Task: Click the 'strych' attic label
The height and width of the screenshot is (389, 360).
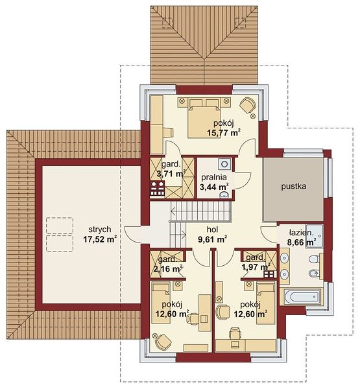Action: click(99, 230)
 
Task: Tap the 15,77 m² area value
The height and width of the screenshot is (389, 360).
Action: click(223, 132)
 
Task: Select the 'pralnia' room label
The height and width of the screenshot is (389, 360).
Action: click(214, 177)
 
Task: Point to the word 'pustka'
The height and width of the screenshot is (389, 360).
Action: click(293, 186)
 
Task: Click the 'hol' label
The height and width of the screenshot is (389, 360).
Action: click(213, 230)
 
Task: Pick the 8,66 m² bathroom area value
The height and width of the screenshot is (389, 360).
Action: click(302, 242)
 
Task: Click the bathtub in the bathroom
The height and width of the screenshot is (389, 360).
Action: click(302, 296)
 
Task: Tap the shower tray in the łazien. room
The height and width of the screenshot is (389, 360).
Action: click(315, 236)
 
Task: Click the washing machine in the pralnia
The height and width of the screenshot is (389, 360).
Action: click(225, 164)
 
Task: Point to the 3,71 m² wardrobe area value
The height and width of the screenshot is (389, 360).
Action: click(171, 174)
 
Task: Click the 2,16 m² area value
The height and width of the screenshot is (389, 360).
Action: click(169, 268)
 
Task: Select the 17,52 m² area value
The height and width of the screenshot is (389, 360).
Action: click(100, 240)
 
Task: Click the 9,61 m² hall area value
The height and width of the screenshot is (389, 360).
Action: click(212, 240)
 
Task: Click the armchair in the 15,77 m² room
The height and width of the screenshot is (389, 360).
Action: click(248, 105)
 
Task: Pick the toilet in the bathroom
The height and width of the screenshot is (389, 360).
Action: click(315, 259)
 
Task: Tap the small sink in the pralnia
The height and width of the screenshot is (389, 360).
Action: click(224, 195)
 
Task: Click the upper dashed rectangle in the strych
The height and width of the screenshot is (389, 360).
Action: click(60, 225)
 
